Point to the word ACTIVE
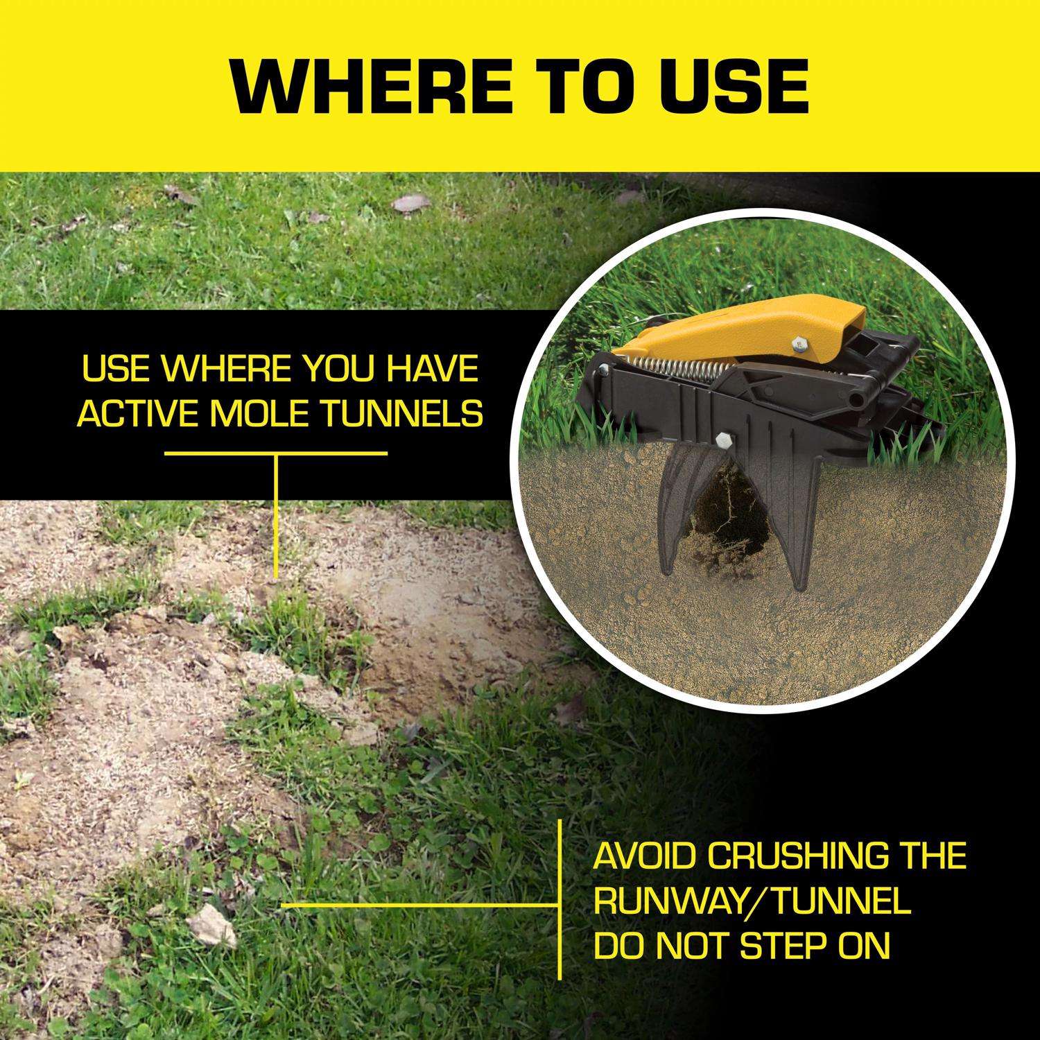tap(141, 414)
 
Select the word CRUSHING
tap(797, 856)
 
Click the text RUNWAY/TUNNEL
tap(752, 902)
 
